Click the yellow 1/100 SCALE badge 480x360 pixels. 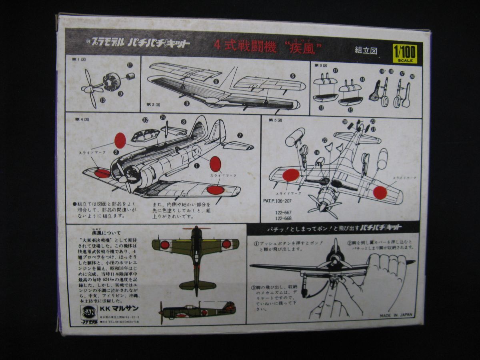coord(405,54)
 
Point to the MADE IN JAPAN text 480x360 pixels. coord(396,315)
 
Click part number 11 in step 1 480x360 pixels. coord(130,65)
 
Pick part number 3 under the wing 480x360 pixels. coord(186,103)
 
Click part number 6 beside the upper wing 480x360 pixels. coord(292,76)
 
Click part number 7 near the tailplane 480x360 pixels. coord(240,135)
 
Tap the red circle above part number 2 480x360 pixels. coord(120,140)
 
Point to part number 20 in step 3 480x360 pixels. coord(412,76)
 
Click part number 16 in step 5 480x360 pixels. coord(316,152)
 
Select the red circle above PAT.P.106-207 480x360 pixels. coord(291,175)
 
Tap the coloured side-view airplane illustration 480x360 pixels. coord(198,310)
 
